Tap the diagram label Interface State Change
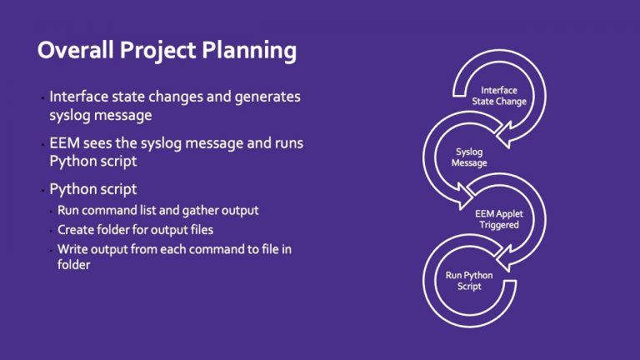point(499,95)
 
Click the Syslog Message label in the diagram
point(469,157)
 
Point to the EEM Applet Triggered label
point(497,219)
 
